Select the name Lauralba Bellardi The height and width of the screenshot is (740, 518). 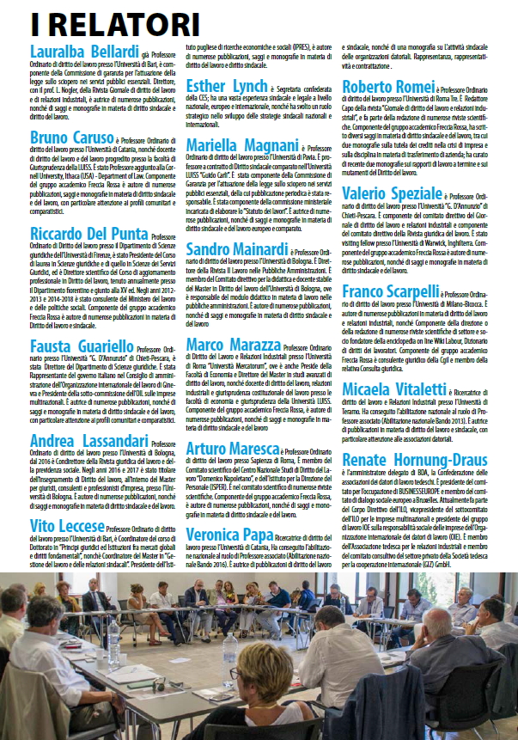click(x=84, y=50)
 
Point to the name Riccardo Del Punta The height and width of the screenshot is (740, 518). click(x=77, y=234)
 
